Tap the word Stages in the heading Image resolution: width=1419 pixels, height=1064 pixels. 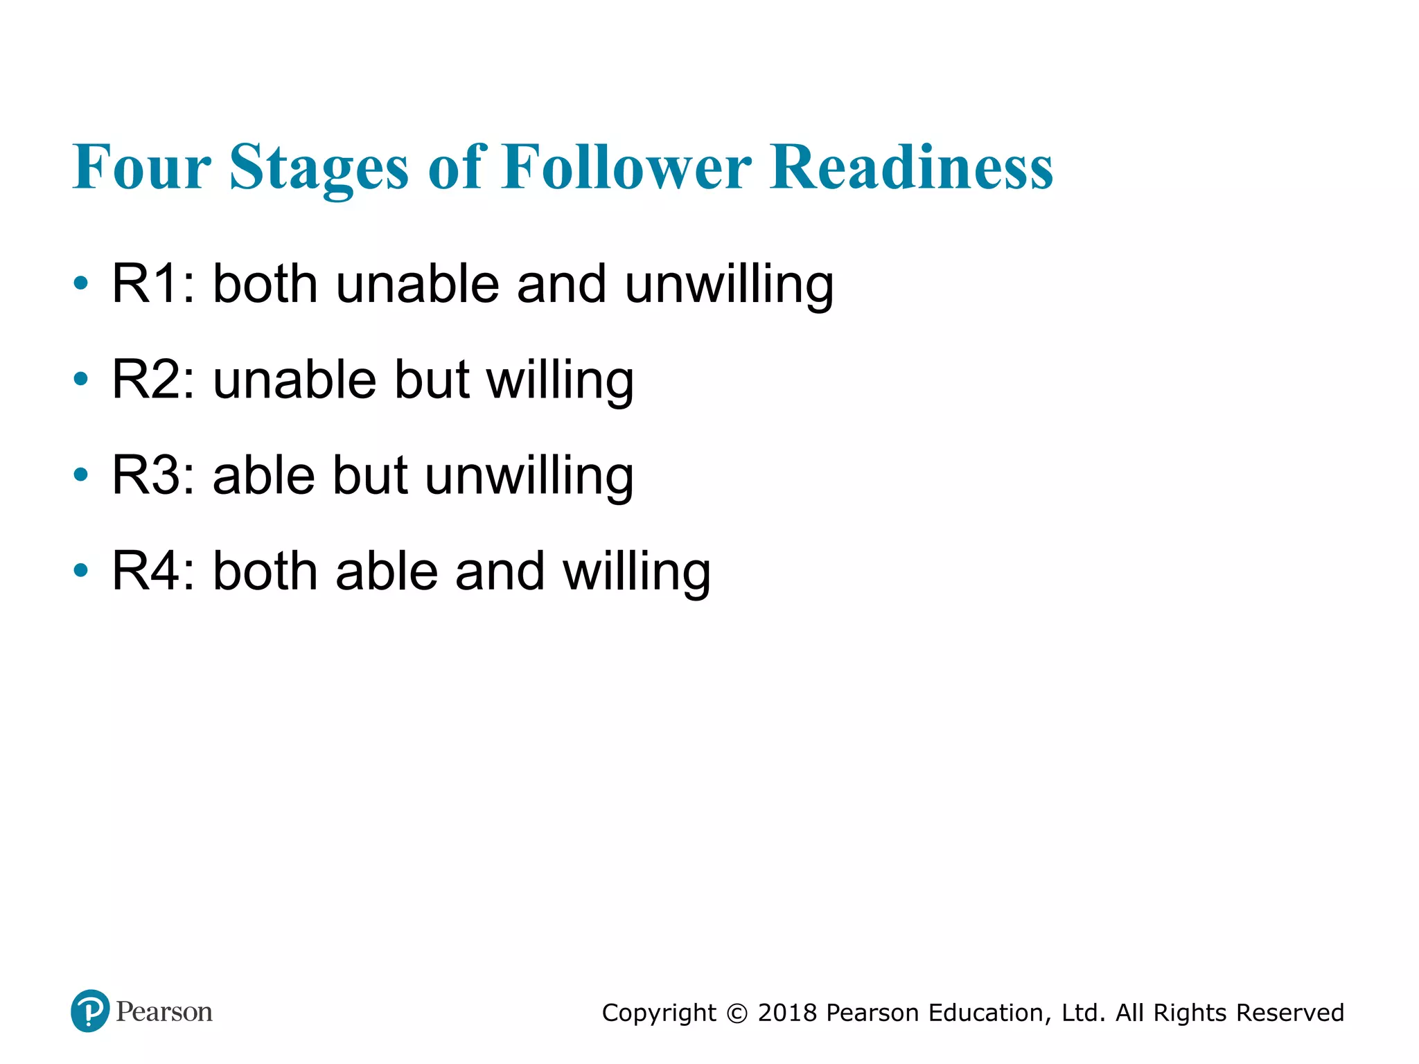(319, 168)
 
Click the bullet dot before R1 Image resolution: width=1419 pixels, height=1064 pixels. (81, 283)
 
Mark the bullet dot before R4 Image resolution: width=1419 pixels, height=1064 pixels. (81, 570)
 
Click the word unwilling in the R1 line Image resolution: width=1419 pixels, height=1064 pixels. (729, 285)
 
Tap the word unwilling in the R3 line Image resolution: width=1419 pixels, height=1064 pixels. (529, 477)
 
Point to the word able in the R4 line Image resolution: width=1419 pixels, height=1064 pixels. (387, 571)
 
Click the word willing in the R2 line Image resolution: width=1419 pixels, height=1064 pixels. (560, 381)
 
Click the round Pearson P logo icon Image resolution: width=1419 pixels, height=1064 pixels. (90, 1011)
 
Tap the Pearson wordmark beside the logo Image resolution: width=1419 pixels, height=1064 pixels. (164, 1012)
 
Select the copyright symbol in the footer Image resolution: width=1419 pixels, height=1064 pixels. (737, 1013)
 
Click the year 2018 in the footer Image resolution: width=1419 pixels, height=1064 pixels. (788, 1013)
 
